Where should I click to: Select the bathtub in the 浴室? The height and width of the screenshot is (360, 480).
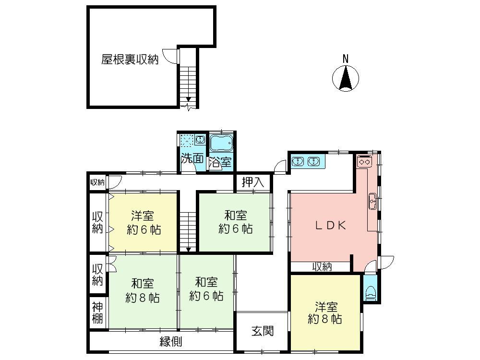point(221,143)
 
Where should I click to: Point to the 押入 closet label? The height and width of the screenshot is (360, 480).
point(253,182)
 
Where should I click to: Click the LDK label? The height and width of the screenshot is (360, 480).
point(330,226)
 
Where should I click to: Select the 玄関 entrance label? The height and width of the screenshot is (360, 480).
point(263,331)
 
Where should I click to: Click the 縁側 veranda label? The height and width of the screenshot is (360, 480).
point(170,342)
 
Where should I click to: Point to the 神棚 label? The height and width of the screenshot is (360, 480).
point(97,312)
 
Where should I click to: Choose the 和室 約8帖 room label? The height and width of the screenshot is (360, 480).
point(143,290)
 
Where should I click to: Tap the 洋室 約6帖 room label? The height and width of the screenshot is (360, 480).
point(144,222)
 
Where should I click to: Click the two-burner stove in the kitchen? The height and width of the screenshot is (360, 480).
point(363,162)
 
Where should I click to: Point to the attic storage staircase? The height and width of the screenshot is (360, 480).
point(188,82)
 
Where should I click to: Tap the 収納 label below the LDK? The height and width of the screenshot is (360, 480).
point(323,267)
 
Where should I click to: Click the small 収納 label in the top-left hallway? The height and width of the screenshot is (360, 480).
point(97,182)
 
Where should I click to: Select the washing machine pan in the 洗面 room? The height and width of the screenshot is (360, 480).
point(187,141)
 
